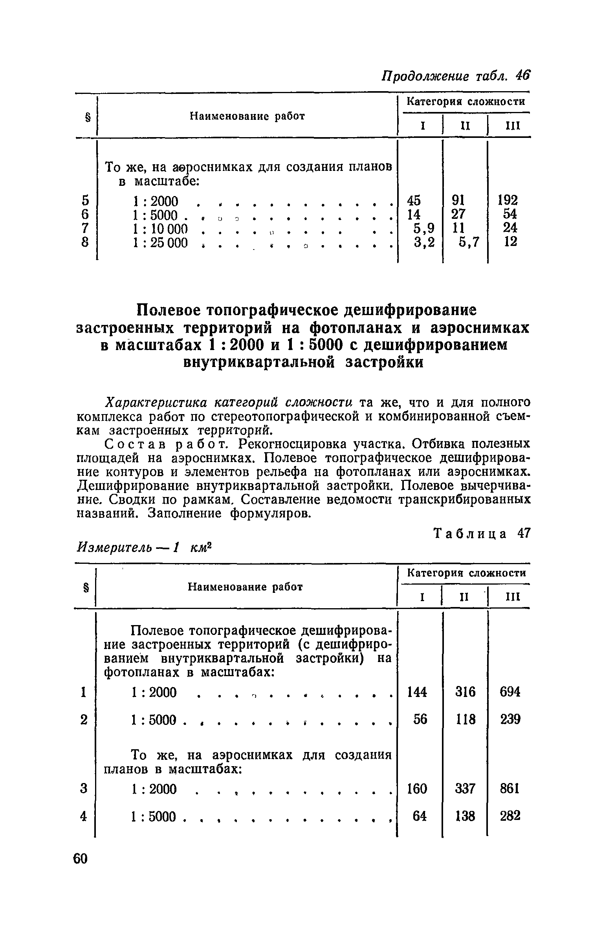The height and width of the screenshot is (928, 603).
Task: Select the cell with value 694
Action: [x=510, y=703]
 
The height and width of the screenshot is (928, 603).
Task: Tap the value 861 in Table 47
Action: [x=510, y=789]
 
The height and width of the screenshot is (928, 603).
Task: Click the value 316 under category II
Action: [x=465, y=703]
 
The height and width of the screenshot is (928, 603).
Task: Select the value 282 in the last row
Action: [x=510, y=816]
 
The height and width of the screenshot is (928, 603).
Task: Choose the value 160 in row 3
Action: [x=417, y=789]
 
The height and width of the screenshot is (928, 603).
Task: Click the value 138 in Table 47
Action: [x=465, y=816]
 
